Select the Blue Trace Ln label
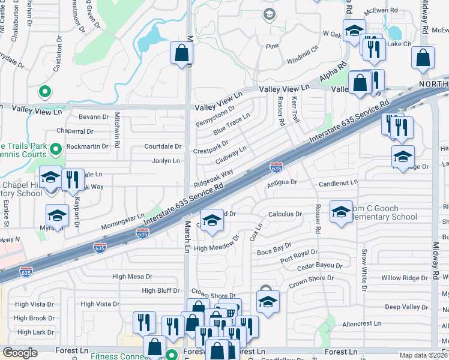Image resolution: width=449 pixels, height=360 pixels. coord(231,123)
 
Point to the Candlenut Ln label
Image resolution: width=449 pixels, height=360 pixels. coord(338,182)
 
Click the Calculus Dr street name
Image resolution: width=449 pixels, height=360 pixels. coord(285,214)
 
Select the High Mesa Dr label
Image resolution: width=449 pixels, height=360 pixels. coord(133,277)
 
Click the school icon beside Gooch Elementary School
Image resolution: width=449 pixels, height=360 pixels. coord(341,212)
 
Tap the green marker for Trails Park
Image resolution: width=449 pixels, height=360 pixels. coord(56,148)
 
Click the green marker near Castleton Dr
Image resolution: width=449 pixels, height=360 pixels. coord(43,92)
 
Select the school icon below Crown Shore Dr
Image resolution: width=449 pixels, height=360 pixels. coord(268,302)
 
